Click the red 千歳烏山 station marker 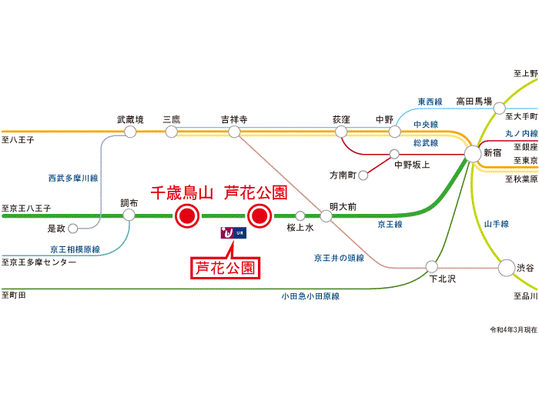click(186, 216)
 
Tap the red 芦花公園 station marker click(258, 216)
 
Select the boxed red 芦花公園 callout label click(225, 269)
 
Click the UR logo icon click(233, 232)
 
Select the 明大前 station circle click(326, 216)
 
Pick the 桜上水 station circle click(300, 216)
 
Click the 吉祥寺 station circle click(235, 132)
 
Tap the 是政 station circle click(72, 229)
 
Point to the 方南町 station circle click(363, 175)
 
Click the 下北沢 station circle click(432, 267)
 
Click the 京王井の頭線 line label click(339, 258)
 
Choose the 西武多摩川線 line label click(73, 178)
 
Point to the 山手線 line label click(497, 224)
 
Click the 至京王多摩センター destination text click(40, 262)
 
